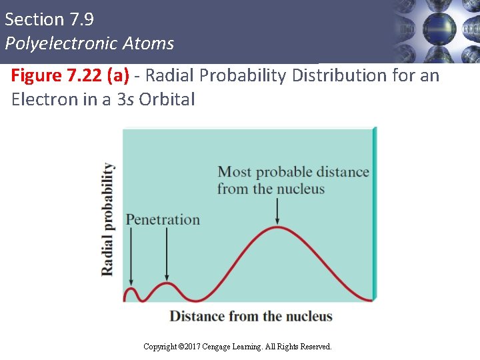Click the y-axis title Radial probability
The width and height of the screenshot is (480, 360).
tap(107, 219)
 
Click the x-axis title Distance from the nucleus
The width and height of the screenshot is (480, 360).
tap(251, 316)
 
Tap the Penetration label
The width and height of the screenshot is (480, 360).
tap(163, 219)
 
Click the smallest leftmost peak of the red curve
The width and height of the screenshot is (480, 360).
tap(131, 289)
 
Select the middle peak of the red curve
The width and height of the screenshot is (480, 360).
tap(166, 284)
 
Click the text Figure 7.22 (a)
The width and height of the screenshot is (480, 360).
tap(70, 76)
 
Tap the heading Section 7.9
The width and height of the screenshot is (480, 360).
tap(49, 19)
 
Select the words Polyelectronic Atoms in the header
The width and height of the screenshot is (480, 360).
tap(89, 44)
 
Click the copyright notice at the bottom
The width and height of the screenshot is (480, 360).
tap(237, 347)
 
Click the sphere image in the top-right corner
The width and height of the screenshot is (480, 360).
tap(437, 29)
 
